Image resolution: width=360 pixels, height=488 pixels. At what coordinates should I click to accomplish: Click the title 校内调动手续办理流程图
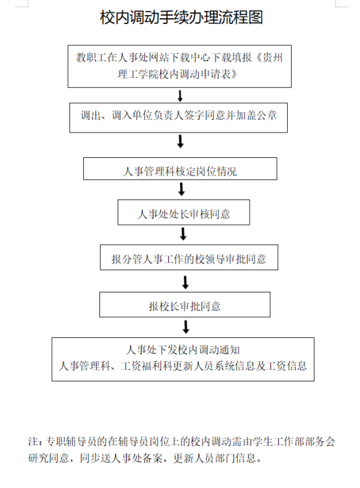(x=181, y=17)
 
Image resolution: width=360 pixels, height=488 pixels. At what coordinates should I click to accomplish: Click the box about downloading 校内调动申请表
(x=179, y=66)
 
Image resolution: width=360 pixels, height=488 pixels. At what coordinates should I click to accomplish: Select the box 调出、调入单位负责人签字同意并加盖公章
(x=178, y=118)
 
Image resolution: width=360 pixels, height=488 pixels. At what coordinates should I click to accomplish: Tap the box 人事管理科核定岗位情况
(x=180, y=169)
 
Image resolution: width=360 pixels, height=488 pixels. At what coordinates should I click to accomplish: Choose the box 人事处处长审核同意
(x=184, y=212)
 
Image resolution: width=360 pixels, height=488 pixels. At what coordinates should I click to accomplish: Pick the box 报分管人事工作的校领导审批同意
(x=189, y=257)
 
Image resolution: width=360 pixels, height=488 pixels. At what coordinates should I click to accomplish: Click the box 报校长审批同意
(x=185, y=305)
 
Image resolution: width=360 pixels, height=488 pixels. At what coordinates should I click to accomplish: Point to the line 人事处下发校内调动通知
(x=183, y=350)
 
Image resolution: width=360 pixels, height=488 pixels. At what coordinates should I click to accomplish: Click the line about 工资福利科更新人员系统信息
(x=183, y=366)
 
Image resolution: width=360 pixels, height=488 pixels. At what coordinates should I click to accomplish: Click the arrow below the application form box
(x=180, y=96)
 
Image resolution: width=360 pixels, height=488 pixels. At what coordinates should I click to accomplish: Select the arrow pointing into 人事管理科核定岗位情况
(x=181, y=141)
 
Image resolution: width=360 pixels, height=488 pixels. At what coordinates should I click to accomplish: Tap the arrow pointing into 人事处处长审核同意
(x=182, y=189)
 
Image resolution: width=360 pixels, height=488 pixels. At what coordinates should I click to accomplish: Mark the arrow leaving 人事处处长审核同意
(x=183, y=234)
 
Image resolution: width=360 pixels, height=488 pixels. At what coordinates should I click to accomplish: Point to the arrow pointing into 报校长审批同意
(x=185, y=282)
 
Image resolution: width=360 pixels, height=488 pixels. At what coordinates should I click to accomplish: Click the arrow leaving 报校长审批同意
(x=186, y=327)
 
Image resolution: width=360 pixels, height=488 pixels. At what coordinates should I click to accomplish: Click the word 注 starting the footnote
(x=33, y=441)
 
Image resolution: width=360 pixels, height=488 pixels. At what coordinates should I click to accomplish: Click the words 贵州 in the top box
(x=272, y=58)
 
